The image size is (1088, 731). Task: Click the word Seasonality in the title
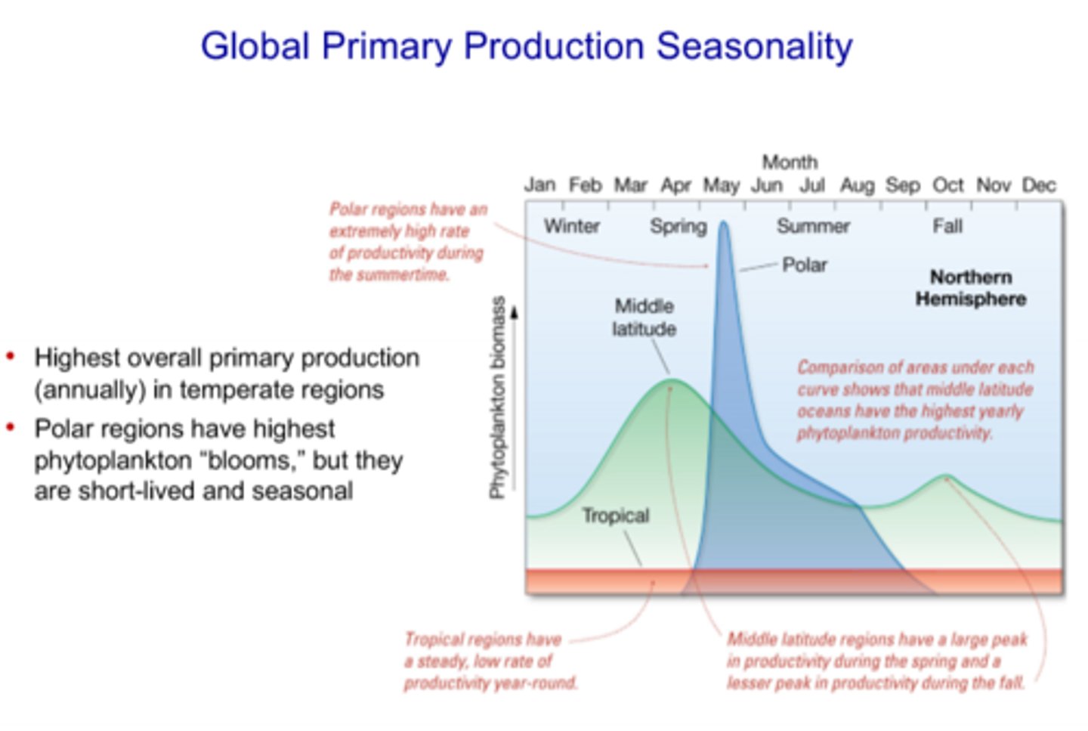[753, 46]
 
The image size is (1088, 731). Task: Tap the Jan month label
[539, 185]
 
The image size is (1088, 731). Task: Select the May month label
[721, 185]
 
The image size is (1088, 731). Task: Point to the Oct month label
[947, 185]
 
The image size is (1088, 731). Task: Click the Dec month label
[1038, 185]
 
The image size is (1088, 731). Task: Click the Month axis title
[790, 162]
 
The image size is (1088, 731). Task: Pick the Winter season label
[571, 226]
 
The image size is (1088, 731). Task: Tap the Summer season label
[813, 226]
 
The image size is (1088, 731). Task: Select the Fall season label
[947, 226]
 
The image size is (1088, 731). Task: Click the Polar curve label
[804, 265]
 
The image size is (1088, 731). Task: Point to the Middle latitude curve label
[644, 317]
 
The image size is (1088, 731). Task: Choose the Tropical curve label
[615, 516]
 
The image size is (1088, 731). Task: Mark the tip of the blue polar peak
[724, 223]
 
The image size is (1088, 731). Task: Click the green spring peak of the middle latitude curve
[671, 380]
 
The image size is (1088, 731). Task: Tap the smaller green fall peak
[945, 476]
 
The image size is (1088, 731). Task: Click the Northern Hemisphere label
[970, 288]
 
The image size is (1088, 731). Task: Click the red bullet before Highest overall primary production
[11, 356]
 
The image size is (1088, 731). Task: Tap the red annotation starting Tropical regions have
[490, 661]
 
